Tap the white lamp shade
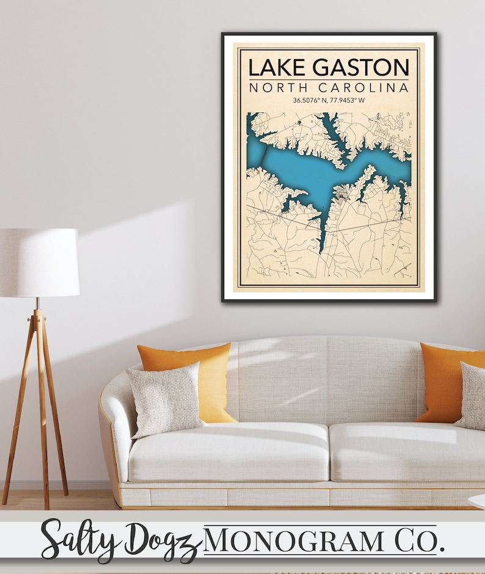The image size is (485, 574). point(38,263)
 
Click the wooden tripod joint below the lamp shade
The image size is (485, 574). point(38,318)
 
